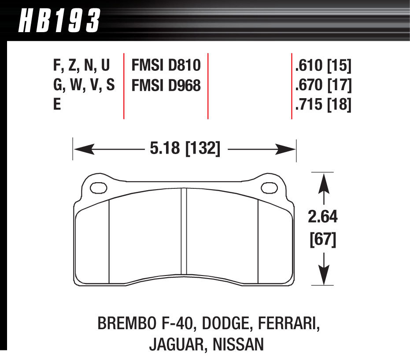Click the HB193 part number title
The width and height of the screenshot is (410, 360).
coord(59,21)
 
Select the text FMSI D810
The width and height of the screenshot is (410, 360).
coord(166,66)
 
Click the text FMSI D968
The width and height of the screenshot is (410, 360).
coord(166,85)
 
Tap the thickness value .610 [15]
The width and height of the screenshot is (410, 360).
coord(323,66)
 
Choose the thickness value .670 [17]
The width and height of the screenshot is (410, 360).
coord(323,85)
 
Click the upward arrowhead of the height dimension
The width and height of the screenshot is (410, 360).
coord(325,181)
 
